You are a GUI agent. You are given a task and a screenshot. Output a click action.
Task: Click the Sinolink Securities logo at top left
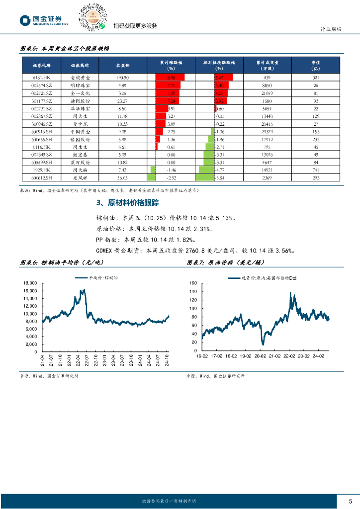tap(44, 20)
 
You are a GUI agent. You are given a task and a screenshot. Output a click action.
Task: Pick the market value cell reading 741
tap(316, 170)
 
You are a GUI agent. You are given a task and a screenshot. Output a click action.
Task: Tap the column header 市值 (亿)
tap(316, 65)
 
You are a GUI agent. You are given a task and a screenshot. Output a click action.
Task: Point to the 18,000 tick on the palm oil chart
tap(30, 283)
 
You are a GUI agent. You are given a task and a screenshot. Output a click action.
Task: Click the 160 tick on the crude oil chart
tap(193, 283)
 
